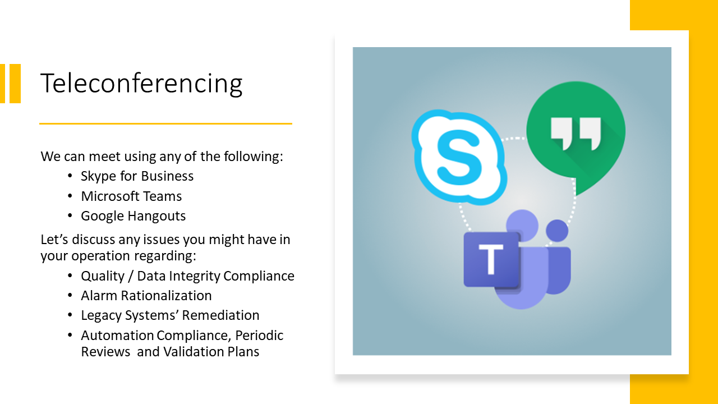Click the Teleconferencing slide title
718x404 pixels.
(x=141, y=84)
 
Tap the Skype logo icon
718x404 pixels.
(x=459, y=157)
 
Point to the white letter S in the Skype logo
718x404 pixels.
(x=459, y=158)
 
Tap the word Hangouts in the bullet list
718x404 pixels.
(x=157, y=216)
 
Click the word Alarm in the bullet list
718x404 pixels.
(x=99, y=296)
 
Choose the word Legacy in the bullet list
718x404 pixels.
(x=101, y=316)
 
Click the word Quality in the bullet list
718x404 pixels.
(x=103, y=276)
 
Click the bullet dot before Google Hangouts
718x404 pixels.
(x=70, y=216)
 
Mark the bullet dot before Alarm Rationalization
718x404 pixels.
(x=70, y=295)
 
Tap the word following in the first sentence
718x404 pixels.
(x=253, y=157)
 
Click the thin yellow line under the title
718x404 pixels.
(x=165, y=123)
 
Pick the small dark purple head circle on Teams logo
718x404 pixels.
(x=557, y=231)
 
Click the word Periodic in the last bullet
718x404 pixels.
(x=259, y=336)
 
